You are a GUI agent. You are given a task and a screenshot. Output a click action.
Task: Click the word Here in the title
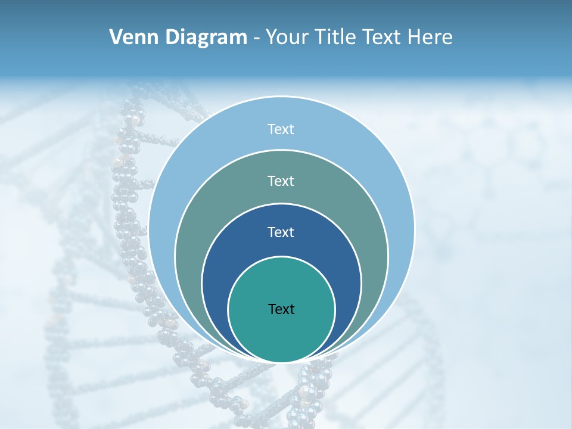(430, 38)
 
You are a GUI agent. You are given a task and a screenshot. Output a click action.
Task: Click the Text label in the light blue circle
(281, 129)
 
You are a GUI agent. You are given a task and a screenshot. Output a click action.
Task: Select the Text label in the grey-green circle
(281, 181)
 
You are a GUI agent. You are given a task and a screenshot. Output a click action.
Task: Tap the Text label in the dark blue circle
(281, 232)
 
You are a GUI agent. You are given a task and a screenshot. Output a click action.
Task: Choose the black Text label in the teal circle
(281, 309)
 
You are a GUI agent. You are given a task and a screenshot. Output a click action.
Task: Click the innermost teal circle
(281, 334)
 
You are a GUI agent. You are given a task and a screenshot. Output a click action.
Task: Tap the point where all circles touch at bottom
(282, 362)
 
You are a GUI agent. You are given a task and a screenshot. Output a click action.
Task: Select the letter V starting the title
(116, 38)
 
